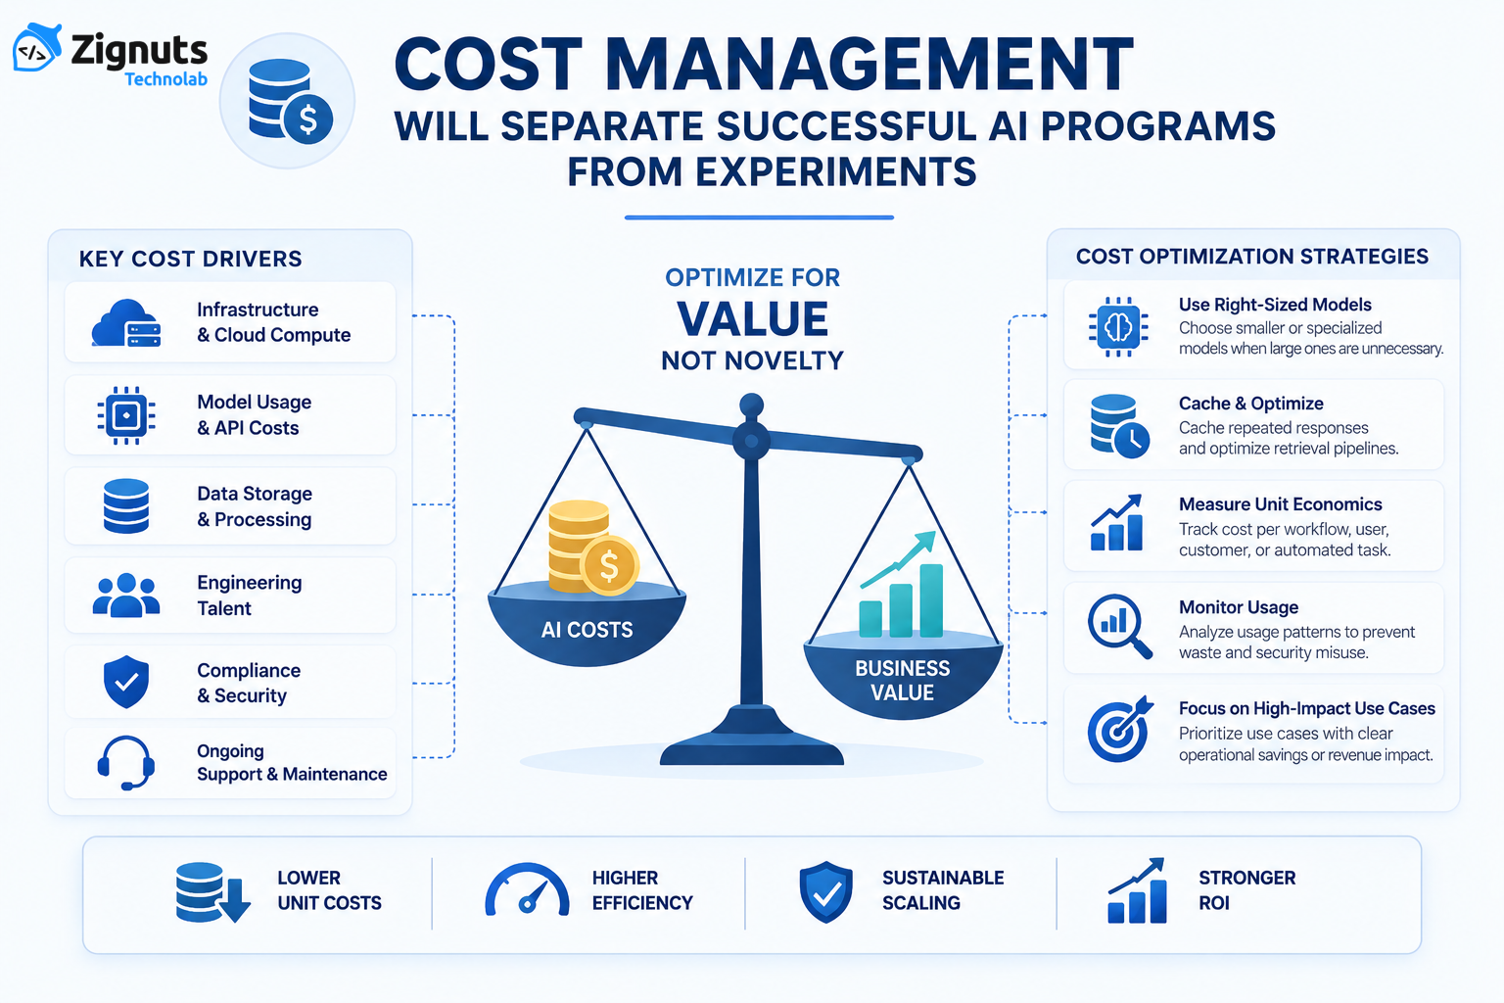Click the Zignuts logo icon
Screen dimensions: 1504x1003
37,47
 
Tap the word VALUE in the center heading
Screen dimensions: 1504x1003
752,318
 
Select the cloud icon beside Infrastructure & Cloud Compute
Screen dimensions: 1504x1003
126,323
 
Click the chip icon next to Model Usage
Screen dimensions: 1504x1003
126,415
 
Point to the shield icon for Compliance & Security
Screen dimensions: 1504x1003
126,682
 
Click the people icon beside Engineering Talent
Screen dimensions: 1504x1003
126,595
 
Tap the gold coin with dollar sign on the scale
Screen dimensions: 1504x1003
609,565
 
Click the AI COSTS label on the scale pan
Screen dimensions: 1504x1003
587,630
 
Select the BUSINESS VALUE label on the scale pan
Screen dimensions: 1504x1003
903,680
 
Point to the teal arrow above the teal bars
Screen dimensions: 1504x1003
898,559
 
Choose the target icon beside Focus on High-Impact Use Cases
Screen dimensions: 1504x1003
1120,729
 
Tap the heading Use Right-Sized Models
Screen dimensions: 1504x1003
1275,305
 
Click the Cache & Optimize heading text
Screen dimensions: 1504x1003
1250,404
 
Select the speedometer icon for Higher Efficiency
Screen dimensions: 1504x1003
527,889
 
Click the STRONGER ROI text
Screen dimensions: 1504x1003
1246,890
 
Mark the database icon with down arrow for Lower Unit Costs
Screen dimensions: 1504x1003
212,892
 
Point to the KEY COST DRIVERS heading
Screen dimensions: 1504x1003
191,259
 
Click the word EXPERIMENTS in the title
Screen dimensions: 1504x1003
835,171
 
